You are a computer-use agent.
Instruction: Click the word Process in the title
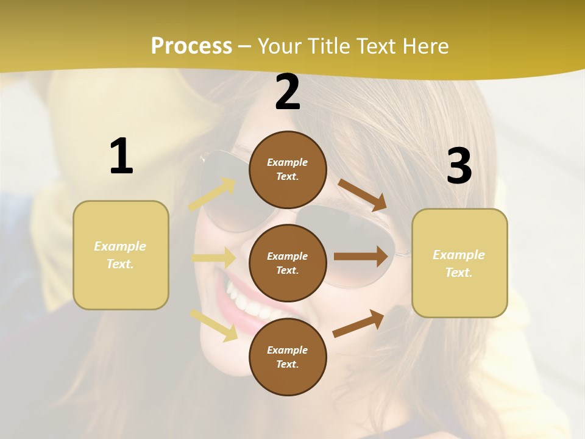(x=191, y=46)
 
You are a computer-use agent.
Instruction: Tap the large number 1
(x=121, y=156)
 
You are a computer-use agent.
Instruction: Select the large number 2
(x=288, y=92)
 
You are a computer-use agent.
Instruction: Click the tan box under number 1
(x=121, y=255)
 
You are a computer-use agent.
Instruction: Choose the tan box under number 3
(x=459, y=263)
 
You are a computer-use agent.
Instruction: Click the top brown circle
(x=288, y=170)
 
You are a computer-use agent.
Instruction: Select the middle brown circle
(x=288, y=263)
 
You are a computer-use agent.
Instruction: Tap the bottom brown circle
(x=288, y=357)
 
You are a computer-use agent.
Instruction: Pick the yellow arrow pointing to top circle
(x=213, y=195)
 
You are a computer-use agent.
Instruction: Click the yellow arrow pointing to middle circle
(x=214, y=258)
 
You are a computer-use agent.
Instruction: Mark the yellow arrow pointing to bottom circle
(x=214, y=324)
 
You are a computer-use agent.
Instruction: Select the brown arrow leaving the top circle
(x=363, y=195)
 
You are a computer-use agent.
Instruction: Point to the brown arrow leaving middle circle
(x=361, y=257)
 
